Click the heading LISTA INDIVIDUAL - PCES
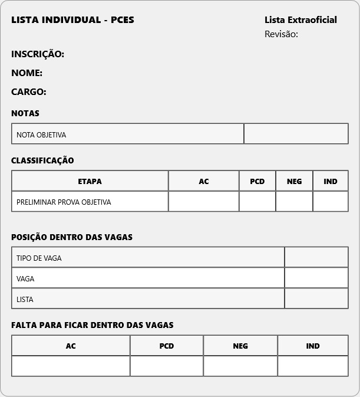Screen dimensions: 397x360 click(72, 20)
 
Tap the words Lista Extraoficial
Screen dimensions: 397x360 click(300, 20)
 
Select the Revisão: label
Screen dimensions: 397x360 click(281, 34)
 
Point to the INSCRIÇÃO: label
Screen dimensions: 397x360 click(38, 54)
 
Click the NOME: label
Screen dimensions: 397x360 click(27, 73)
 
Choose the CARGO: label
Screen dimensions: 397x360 click(29, 92)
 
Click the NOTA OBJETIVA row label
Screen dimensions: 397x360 click(41, 134)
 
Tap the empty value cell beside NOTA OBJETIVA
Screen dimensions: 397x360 click(296, 133)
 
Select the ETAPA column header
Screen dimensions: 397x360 click(90, 181)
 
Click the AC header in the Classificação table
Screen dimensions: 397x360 click(204, 181)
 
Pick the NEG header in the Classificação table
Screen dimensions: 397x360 click(294, 181)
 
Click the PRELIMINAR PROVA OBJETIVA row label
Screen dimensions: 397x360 click(64, 202)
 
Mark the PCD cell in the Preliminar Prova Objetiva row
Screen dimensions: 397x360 click(257, 201)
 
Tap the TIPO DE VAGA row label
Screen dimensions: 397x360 click(39, 258)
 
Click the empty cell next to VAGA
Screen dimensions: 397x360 click(316, 278)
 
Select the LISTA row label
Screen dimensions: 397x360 click(25, 299)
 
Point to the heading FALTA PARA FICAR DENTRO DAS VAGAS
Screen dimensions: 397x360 click(93, 325)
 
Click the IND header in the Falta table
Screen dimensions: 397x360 click(313, 346)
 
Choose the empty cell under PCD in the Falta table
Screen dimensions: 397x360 click(167, 366)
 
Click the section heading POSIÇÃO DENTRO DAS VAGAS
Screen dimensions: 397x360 click(72, 237)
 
